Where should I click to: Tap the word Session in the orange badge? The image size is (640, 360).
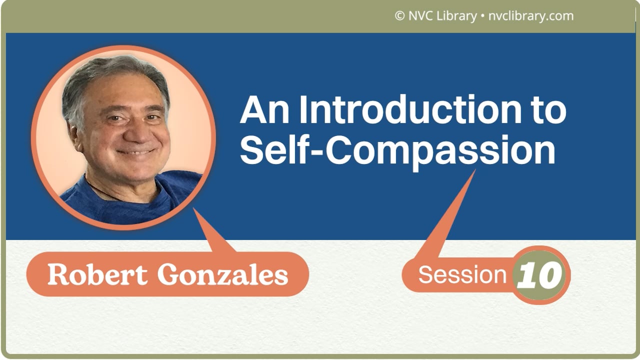(462, 275)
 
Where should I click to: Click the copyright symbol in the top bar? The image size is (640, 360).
(399, 16)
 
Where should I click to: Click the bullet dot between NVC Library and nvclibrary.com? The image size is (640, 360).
(482, 16)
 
